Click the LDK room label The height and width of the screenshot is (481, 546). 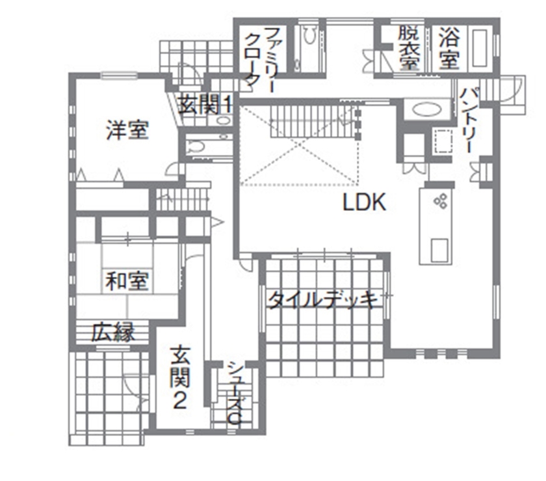pyautogui.click(x=365, y=203)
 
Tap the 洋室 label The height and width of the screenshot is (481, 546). pyautogui.click(x=127, y=130)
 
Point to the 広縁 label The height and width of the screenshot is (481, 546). pyautogui.click(x=112, y=333)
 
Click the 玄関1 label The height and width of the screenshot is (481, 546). pyautogui.click(x=205, y=105)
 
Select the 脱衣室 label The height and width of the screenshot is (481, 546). pyautogui.click(x=408, y=48)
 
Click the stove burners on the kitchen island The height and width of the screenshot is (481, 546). pyautogui.click(x=440, y=201)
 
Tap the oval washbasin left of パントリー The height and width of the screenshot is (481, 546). pyautogui.click(x=426, y=109)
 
